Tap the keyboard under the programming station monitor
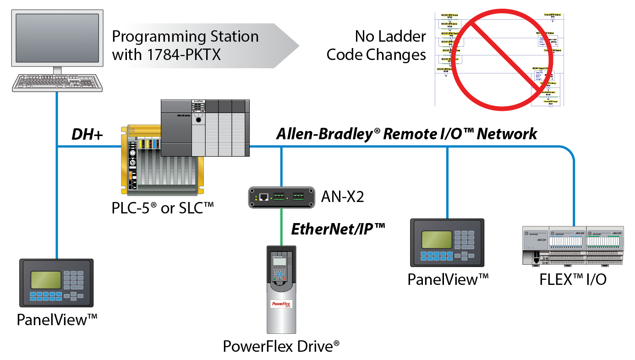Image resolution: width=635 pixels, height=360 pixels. click(x=58, y=82)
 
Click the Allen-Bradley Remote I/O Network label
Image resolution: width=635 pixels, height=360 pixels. click(x=406, y=134)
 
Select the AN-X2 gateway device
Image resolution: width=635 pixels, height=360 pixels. click(x=280, y=197)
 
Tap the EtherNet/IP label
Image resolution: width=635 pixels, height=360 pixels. click(x=338, y=229)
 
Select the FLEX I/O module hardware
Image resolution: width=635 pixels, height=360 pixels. click(x=573, y=245)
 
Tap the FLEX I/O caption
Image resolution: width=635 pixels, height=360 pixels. click(x=573, y=278)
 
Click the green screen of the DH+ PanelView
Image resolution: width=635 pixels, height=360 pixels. click(x=46, y=279)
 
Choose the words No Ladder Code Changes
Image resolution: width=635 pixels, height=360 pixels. click(x=376, y=46)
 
